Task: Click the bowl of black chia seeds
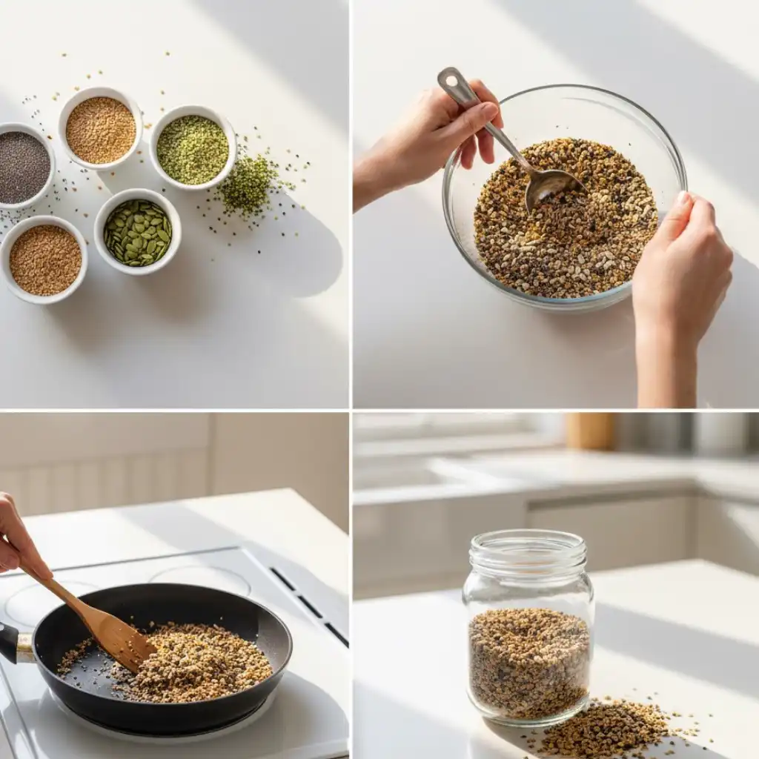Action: pyautogui.click(x=22, y=167)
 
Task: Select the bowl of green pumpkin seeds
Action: pyautogui.click(x=137, y=233)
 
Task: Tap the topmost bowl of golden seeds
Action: pyautogui.click(x=101, y=130)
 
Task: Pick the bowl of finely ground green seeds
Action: pyautogui.click(x=193, y=149)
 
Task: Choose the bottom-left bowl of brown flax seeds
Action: pyautogui.click(x=44, y=259)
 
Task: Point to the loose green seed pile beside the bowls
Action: pyautogui.click(x=248, y=185)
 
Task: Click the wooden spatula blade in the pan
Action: pyautogui.click(x=119, y=637)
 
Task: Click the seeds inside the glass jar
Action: pyautogui.click(x=528, y=660)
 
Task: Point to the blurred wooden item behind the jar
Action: pyautogui.click(x=590, y=430)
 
